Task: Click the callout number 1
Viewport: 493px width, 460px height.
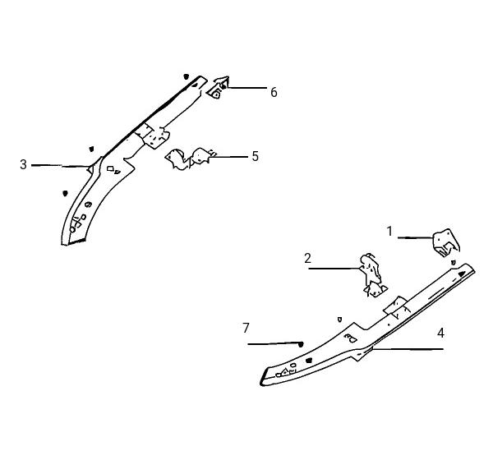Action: pos(389,232)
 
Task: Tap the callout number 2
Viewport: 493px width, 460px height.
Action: pos(307,258)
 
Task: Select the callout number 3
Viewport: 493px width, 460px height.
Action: pos(23,164)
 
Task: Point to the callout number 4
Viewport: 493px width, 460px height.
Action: pos(440,333)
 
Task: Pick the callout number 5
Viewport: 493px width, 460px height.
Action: pos(255,156)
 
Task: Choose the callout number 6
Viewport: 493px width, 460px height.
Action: pos(274,93)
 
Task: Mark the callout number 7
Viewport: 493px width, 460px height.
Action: pos(246,328)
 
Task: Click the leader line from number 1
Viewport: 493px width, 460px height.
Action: pos(416,238)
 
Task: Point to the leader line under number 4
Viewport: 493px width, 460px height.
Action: pos(408,348)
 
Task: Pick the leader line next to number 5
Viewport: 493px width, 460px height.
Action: pos(228,156)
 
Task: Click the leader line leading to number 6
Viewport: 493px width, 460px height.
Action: pos(246,87)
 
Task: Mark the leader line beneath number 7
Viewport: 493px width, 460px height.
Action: pos(274,343)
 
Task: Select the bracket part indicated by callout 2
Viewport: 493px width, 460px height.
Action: pos(373,275)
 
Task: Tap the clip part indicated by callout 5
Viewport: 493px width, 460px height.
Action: pos(188,159)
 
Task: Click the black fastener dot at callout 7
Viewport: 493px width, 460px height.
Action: pos(301,344)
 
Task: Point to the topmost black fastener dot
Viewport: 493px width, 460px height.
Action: pos(187,76)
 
